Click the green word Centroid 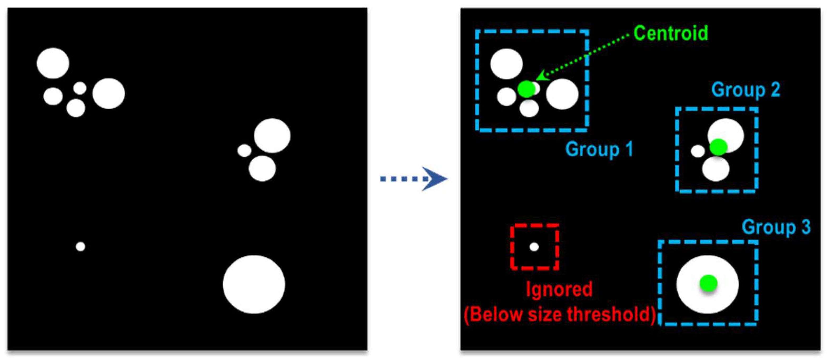[671, 33]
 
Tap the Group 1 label [599, 149]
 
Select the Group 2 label [746, 90]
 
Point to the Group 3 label [776, 227]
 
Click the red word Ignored [559, 289]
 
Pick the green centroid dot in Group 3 [708, 283]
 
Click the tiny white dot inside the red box [534, 247]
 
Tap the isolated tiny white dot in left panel [81, 247]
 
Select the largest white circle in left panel [254, 284]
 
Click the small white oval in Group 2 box [698, 151]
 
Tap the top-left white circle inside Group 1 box [506, 64]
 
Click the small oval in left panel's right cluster [244, 150]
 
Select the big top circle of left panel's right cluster [272, 136]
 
